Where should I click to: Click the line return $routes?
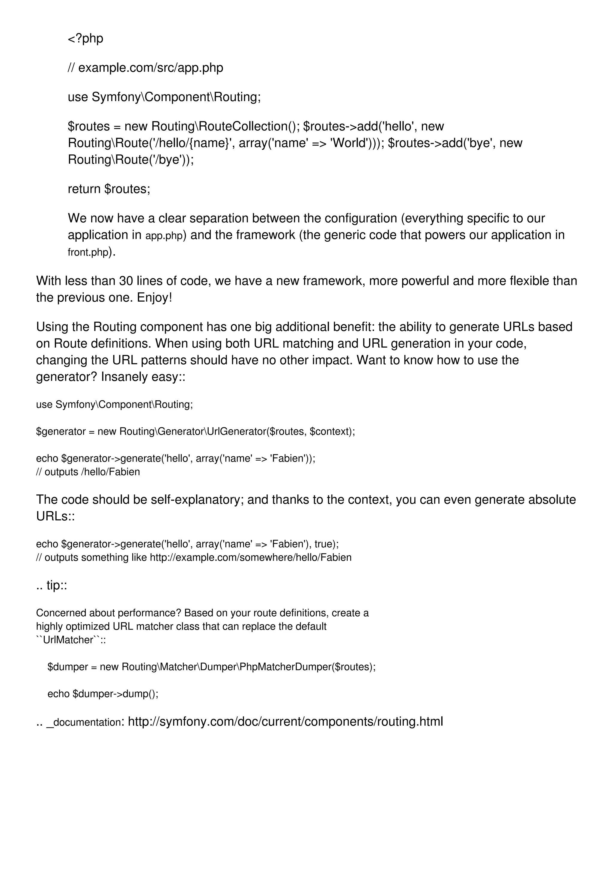[109, 189]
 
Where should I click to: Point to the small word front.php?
[88, 252]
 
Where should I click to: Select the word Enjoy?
[154, 297]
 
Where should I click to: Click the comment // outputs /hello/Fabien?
[88, 472]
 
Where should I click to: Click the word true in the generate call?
[323, 544]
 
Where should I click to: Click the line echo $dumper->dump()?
[103, 694]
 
